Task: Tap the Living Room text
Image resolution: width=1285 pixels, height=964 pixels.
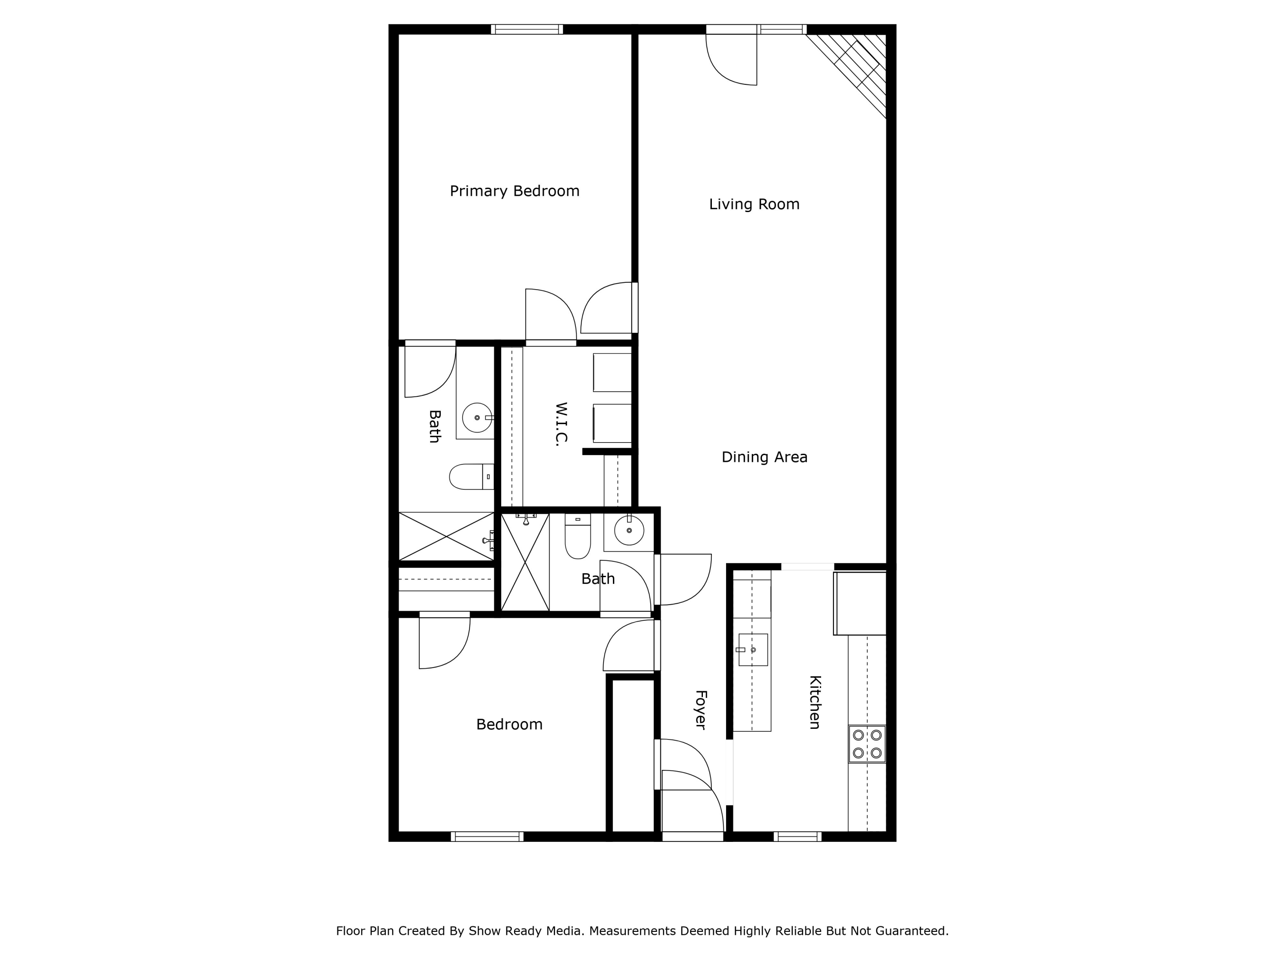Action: click(753, 204)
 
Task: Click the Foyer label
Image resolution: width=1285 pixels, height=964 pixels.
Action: click(701, 710)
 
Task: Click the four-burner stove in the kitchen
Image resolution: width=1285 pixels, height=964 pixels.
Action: click(867, 744)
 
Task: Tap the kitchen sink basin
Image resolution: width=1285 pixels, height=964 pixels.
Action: click(753, 650)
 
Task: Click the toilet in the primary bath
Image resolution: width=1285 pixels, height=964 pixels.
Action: click(471, 476)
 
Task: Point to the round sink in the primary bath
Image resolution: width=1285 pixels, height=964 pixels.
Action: click(477, 418)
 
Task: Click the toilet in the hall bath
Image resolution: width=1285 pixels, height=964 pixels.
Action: click(577, 538)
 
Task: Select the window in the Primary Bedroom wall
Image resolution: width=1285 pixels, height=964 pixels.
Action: click(526, 29)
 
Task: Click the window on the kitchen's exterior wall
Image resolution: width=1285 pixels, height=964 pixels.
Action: click(797, 837)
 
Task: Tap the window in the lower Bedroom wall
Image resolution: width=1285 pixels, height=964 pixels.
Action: click(487, 837)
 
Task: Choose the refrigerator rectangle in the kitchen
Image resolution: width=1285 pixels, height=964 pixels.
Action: click(860, 603)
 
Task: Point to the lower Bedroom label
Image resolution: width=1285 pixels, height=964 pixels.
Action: click(509, 724)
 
